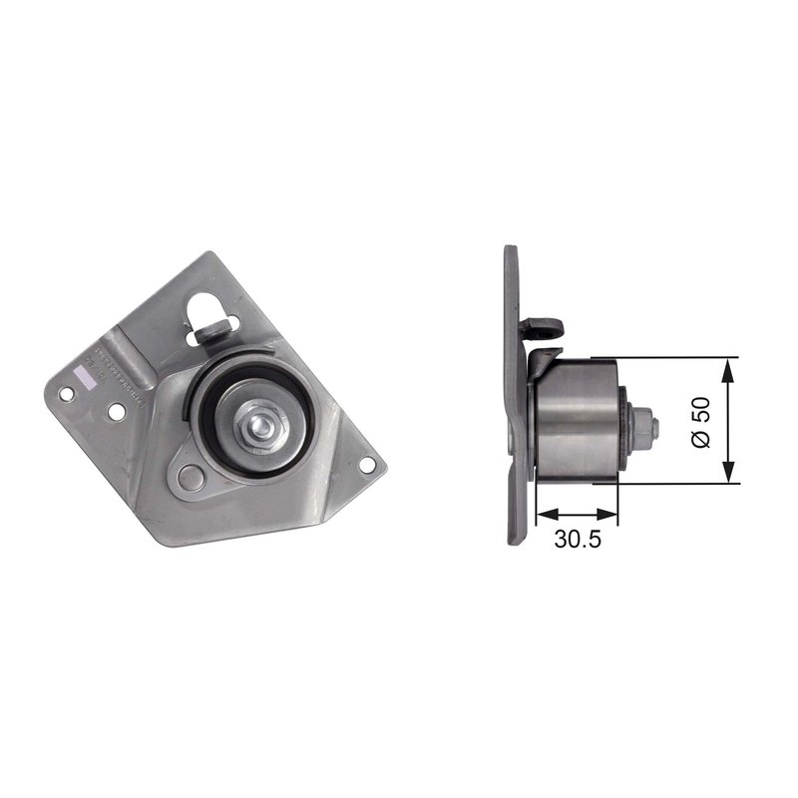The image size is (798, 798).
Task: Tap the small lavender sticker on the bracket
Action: pyautogui.click(x=83, y=371)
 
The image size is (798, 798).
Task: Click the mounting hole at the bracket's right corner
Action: pyautogui.click(x=368, y=465)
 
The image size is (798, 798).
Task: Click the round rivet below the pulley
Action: pyautogui.click(x=194, y=476)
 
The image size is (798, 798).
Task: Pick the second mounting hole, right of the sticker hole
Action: pyautogui.click(x=117, y=410)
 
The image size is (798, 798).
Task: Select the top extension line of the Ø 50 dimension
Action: pyautogui.click(x=678, y=356)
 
